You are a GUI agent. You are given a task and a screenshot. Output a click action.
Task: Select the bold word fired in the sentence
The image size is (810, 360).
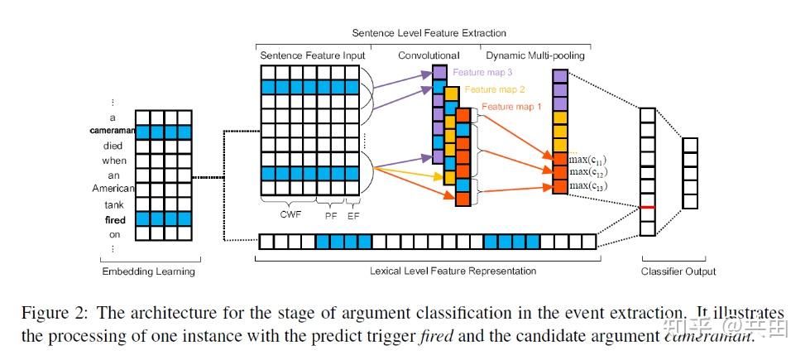115,219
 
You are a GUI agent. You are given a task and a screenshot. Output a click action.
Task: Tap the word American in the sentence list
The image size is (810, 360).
113,190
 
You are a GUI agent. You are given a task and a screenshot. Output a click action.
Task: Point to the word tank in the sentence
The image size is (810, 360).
115,204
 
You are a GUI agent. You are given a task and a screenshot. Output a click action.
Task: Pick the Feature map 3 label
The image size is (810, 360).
482,72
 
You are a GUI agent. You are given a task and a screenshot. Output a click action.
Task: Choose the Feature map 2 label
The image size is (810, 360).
495,89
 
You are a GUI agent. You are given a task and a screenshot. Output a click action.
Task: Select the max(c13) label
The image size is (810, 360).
588,186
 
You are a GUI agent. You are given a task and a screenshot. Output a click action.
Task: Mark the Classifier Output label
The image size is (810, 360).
678,271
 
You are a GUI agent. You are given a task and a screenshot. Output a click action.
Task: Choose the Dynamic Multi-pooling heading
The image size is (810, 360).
535,55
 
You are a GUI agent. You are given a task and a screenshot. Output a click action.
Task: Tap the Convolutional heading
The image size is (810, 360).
429,55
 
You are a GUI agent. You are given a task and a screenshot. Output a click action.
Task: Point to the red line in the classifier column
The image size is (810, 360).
647,207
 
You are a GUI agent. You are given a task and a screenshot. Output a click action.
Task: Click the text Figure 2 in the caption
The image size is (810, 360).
89,313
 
